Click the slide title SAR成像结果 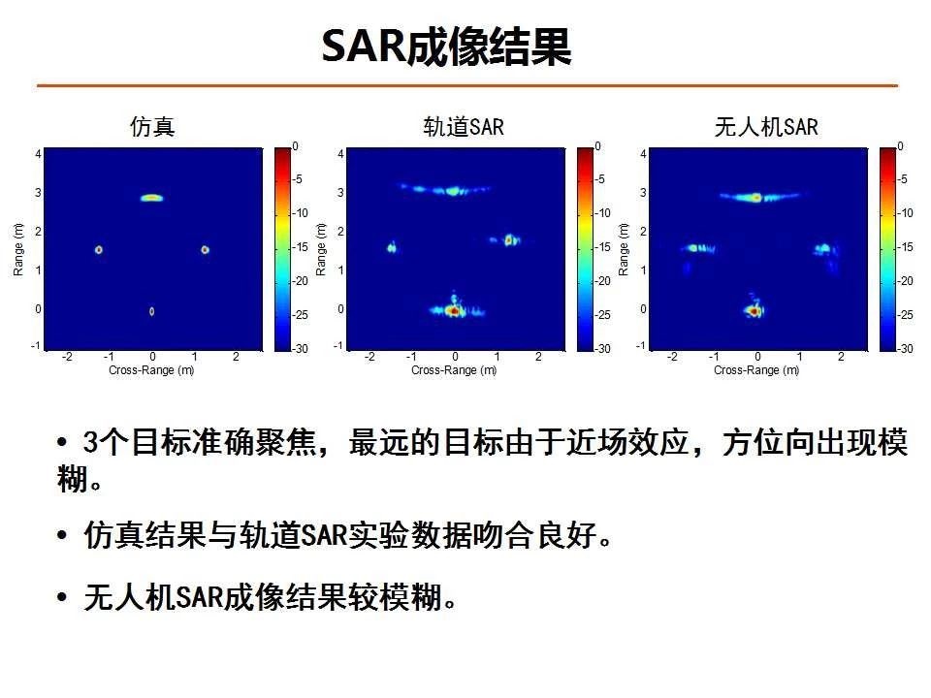point(446,47)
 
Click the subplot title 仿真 point(152,126)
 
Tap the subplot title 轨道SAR point(464,126)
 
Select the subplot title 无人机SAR point(766,126)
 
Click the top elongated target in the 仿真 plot point(151,198)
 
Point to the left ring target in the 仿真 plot point(99,250)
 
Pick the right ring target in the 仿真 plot point(205,250)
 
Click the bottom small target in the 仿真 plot point(152,311)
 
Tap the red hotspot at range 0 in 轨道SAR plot point(454,310)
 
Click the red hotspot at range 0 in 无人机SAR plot point(754,310)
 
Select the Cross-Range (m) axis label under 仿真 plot point(151,369)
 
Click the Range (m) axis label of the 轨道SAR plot point(321,249)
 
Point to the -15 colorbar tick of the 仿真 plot point(301,247)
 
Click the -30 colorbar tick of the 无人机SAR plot point(906,348)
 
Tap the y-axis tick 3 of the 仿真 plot point(38,192)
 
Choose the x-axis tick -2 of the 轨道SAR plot point(369,357)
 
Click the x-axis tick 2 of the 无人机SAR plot point(841,357)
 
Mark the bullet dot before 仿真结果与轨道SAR point(62,535)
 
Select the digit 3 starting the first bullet point(91,442)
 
